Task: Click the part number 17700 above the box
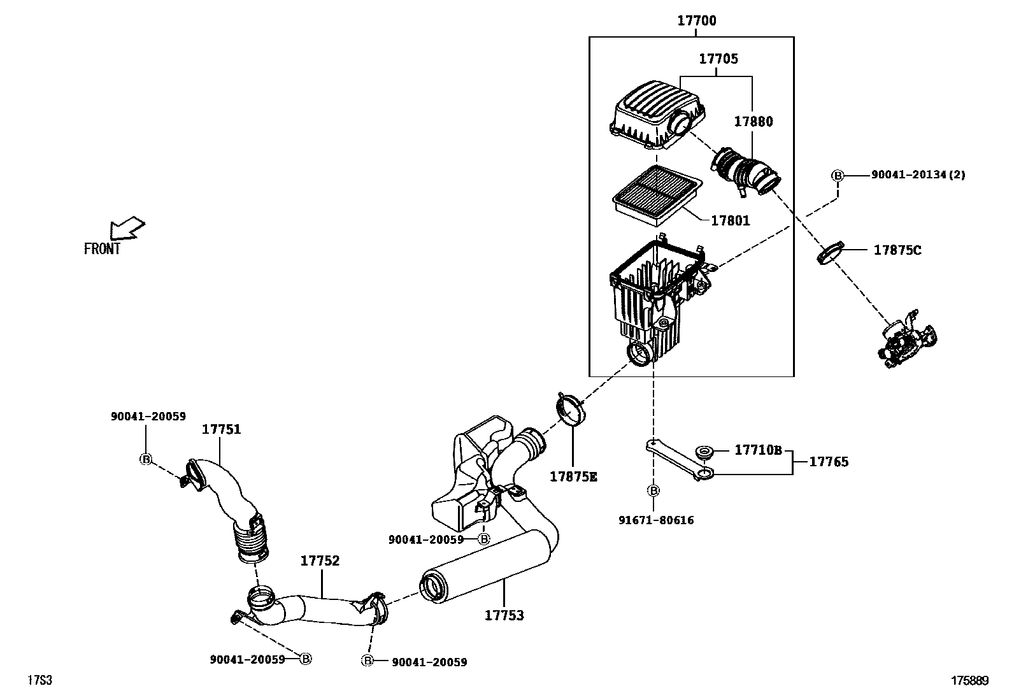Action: click(696, 21)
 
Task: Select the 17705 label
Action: click(718, 59)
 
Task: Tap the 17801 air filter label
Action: click(730, 221)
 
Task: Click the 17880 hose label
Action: click(753, 122)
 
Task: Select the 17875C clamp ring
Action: click(829, 252)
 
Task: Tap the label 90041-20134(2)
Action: click(918, 175)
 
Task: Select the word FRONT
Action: click(102, 249)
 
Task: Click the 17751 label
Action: click(222, 430)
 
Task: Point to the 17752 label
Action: click(320, 561)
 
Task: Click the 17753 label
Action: click(504, 615)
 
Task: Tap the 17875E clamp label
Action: click(573, 476)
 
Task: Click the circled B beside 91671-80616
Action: click(653, 490)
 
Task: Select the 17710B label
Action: click(758, 450)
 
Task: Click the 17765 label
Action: click(829, 462)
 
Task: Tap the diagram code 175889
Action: click(970, 681)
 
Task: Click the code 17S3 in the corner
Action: click(39, 681)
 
